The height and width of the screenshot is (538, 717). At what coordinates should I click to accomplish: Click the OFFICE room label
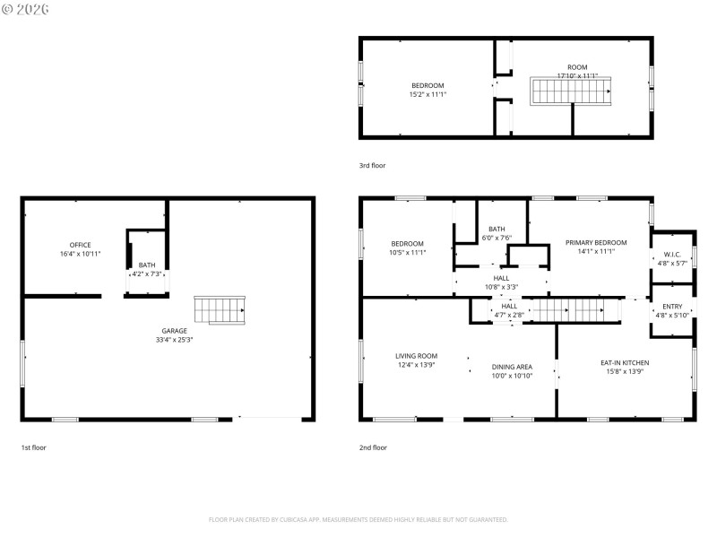(x=81, y=245)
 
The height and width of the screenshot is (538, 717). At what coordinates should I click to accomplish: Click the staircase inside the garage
(x=220, y=310)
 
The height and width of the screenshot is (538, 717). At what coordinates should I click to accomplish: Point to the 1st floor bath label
(x=146, y=265)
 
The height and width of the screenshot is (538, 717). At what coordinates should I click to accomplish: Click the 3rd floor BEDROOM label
(x=428, y=85)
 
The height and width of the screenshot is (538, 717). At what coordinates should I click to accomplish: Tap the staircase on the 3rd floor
(x=571, y=90)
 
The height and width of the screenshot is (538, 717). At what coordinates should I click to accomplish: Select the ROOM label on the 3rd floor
(x=577, y=67)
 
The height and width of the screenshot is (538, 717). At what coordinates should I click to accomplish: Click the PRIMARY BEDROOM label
(x=595, y=243)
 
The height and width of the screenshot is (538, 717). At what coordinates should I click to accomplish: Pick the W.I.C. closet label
(x=671, y=255)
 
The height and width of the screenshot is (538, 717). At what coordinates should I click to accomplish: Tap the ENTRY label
(x=671, y=307)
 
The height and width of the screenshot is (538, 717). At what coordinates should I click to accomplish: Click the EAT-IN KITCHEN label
(x=625, y=363)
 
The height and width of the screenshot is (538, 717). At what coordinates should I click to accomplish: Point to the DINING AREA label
(x=512, y=367)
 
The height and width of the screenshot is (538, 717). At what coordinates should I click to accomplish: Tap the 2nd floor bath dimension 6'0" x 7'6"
(x=497, y=238)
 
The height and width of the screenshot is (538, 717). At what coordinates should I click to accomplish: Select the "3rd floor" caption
(x=373, y=166)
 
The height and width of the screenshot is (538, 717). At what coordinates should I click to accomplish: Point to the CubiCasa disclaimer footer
(x=358, y=519)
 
